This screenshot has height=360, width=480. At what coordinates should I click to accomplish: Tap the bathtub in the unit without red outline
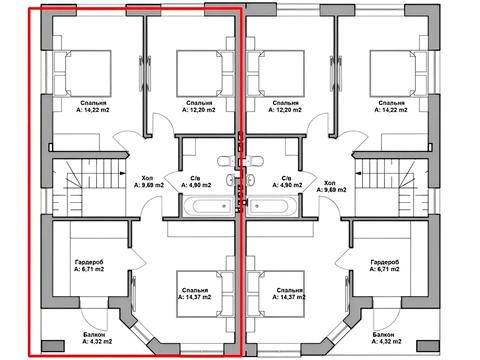[273, 206]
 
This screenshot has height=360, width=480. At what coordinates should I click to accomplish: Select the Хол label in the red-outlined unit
[148, 178]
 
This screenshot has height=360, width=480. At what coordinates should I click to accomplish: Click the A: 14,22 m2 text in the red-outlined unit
[93, 110]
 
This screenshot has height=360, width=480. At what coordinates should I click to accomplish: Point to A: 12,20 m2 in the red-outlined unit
[199, 110]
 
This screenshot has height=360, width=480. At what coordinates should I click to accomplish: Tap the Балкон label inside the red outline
[94, 334]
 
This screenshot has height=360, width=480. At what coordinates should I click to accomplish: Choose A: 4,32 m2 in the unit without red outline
[386, 341]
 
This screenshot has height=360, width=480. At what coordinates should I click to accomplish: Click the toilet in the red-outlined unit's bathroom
[228, 161]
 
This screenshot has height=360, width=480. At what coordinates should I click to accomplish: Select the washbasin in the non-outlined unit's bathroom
[251, 180]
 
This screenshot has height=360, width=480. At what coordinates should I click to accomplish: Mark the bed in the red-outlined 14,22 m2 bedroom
[82, 73]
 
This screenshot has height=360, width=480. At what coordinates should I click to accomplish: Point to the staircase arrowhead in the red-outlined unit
[123, 173]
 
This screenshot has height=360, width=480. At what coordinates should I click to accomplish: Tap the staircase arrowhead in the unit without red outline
[358, 173]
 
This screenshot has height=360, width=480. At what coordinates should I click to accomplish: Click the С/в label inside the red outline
[196, 178]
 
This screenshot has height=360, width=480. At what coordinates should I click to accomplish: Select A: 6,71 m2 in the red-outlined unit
[89, 269]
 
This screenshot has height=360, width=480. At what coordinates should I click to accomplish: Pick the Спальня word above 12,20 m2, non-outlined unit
[285, 103]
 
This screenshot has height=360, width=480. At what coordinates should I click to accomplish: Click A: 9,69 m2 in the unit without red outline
[332, 190]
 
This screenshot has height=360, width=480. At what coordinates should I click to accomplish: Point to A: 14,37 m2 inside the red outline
[195, 297]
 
